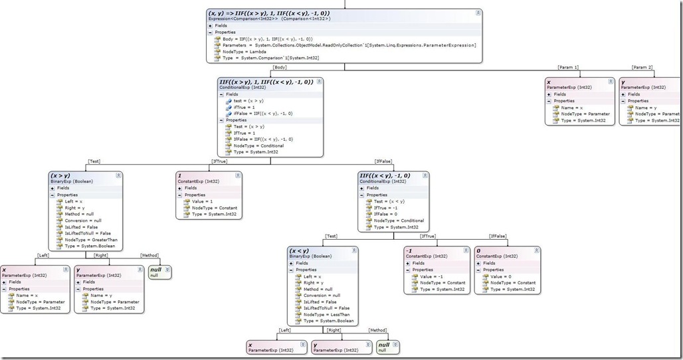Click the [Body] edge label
280,67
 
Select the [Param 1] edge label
568,67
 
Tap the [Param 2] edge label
642,67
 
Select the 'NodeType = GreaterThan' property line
82,240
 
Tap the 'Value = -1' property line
431,276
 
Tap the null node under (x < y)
383,345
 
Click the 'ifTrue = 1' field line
245,107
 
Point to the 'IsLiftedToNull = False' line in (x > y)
83,233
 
